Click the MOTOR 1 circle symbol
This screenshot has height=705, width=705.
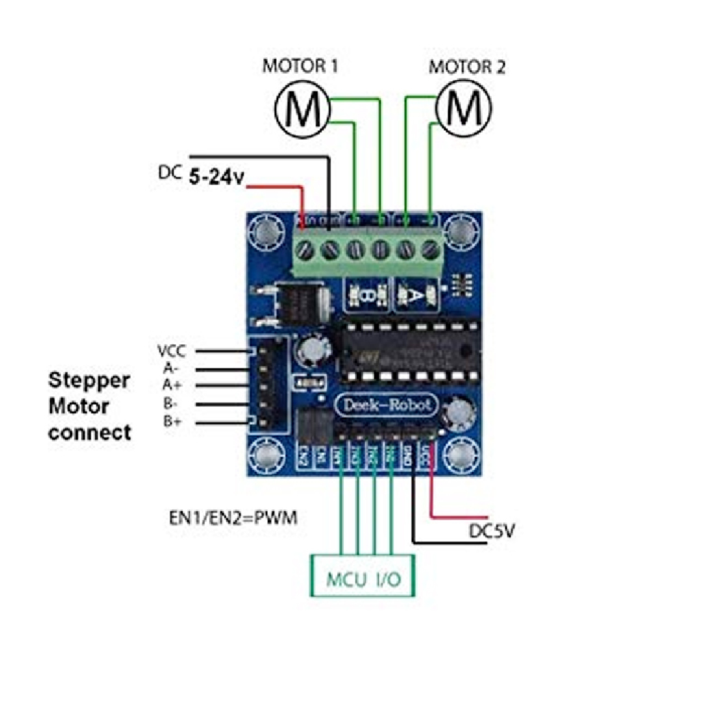coord(302,108)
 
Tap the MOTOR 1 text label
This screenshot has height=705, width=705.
coord(300,67)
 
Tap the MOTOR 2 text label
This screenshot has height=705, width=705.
coord(467,67)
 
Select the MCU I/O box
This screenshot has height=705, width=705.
coord(364,576)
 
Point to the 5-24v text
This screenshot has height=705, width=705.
coord(216,177)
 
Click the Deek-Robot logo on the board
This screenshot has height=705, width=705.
coord(386,405)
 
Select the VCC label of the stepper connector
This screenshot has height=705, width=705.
coord(171,351)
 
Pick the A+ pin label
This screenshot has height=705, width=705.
coord(171,385)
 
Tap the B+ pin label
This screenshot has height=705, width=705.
coord(171,421)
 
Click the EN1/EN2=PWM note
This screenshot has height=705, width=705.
coord(233,518)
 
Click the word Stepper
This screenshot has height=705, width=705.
coord(89,380)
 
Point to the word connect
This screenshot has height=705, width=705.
coord(90,433)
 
